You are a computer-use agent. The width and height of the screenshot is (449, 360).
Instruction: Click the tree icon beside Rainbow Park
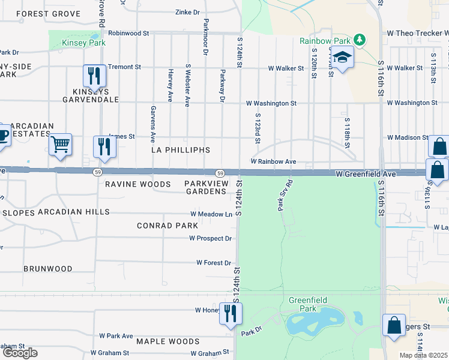[360, 41]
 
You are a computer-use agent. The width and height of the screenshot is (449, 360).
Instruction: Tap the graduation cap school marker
[343, 58]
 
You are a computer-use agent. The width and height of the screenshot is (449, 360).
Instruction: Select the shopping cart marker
[60, 145]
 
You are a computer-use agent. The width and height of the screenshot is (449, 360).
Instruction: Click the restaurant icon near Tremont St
[94, 76]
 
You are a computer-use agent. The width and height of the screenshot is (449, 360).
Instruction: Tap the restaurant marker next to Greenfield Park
[230, 313]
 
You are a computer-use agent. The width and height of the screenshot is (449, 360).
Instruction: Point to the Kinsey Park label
[84, 43]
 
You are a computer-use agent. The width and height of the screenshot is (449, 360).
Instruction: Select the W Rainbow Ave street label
[273, 161]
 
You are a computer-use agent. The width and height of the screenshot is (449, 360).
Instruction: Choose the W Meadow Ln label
[211, 214]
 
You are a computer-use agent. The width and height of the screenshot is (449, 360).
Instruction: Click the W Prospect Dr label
[210, 238]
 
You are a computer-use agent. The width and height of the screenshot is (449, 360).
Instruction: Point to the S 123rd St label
[258, 128]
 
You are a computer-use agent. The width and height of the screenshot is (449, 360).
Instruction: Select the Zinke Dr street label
[187, 12]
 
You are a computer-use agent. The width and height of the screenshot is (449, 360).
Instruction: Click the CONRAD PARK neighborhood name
[167, 226]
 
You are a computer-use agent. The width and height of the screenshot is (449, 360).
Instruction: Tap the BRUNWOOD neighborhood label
[48, 269]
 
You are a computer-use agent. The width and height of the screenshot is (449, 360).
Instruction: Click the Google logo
[20, 353]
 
